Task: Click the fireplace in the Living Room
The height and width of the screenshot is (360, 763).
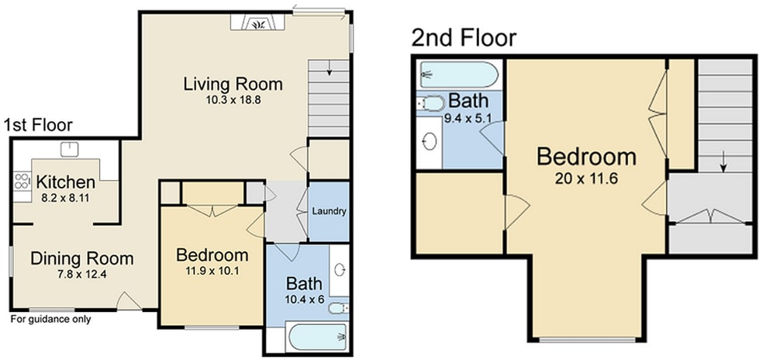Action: (x=257, y=22)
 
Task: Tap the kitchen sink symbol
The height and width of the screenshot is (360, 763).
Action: (x=70, y=149)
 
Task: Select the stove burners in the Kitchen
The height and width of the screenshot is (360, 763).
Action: (x=22, y=182)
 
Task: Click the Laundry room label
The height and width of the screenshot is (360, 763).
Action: (x=330, y=211)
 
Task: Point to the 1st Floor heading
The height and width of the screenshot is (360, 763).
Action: (x=38, y=125)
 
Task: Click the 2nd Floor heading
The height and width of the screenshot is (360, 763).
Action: (x=463, y=38)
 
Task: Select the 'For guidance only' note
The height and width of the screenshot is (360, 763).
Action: (x=50, y=320)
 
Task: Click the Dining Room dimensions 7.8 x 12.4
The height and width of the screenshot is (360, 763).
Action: (x=81, y=274)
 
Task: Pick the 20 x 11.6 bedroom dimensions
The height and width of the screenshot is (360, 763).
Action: (x=586, y=178)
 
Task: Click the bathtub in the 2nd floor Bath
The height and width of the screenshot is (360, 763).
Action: (x=459, y=74)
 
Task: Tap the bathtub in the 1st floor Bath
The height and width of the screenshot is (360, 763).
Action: (x=317, y=337)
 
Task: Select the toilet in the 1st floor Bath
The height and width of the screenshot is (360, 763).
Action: (x=338, y=308)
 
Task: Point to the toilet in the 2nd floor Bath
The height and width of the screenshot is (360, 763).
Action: (x=431, y=103)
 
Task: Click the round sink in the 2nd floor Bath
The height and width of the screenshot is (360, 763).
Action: (x=430, y=142)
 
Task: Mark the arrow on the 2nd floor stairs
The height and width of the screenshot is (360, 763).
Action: (x=723, y=161)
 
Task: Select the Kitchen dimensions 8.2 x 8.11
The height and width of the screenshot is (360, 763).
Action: (x=66, y=199)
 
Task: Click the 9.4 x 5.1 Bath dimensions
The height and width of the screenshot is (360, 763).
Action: (x=467, y=117)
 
